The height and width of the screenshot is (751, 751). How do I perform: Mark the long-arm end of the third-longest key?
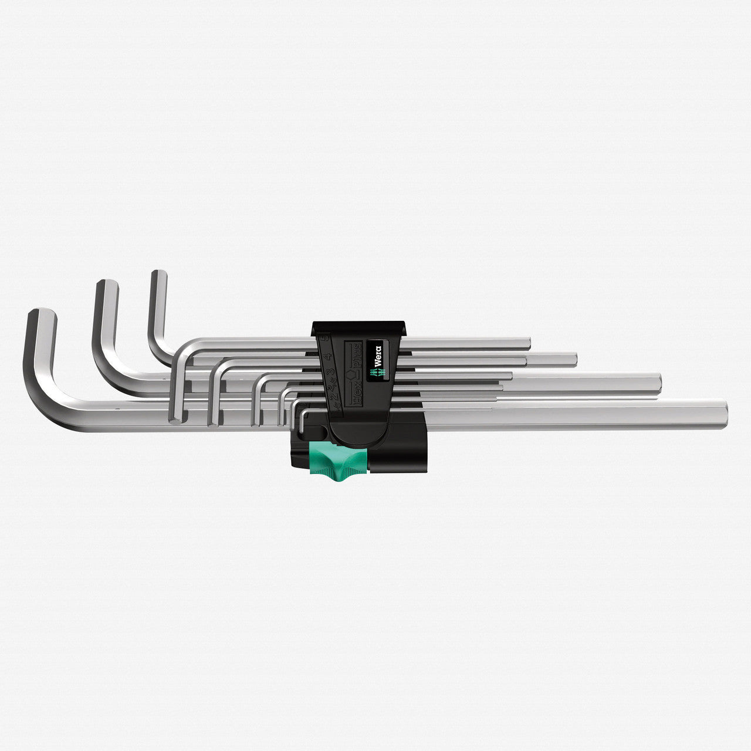point(575,360)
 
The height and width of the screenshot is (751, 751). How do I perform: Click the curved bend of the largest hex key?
point(44,405)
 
